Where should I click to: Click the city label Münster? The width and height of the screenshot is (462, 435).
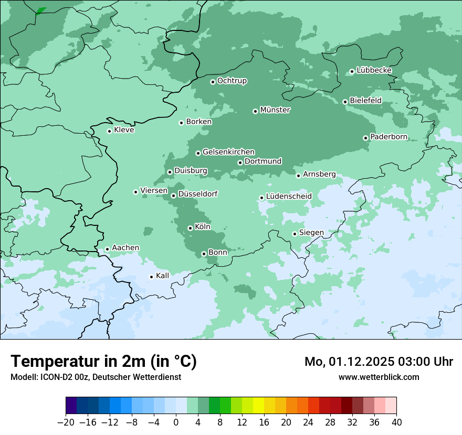point(275,110)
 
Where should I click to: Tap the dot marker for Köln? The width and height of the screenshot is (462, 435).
point(190,228)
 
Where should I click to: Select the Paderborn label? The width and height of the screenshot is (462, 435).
point(388,137)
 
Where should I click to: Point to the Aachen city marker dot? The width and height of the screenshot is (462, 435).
point(107,249)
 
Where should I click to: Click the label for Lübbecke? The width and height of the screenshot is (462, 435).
point(374,70)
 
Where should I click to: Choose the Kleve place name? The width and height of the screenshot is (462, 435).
point(124,130)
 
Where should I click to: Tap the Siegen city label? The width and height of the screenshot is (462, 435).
point(311,233)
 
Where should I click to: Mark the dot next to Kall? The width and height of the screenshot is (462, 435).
point(152,277)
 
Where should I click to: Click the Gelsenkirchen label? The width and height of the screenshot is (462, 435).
point(228,152)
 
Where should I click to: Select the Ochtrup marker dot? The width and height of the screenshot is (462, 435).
point(213,82)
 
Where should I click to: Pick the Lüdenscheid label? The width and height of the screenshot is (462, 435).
point(289,197)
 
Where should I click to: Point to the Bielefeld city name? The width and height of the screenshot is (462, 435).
point(365,101)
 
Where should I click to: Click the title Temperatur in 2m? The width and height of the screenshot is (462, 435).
point(103,362)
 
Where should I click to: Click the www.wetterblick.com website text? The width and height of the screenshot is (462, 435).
point(379,377)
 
